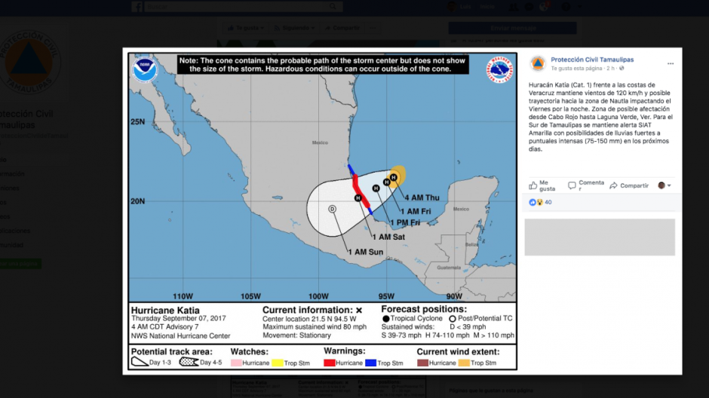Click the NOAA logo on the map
click(x=145, y=69)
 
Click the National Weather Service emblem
click(x=499, y=69)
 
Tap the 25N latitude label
click(x=137, y=121)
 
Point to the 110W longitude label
click(x=183, y=296)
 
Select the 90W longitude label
click(x=454, y=296)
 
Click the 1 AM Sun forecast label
click(x=365, y=251)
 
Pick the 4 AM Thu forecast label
click(x=422, y=197)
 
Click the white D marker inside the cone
click(x=332, y=209)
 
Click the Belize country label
click(x=471, y=244)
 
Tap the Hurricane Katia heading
click(x=165, y=310)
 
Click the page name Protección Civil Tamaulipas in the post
click(x=592, y=60)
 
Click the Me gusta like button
click(x=542, y=185)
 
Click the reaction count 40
click(x=548, y=202)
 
